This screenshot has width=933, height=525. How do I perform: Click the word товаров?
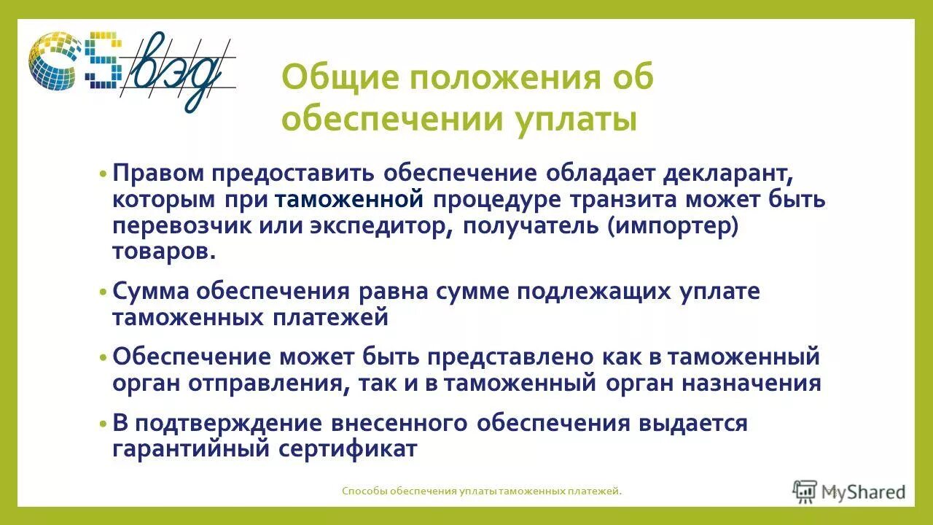(164, 251)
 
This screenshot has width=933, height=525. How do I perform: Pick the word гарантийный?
(191, 448)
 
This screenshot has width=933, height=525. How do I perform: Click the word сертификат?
(348, 448)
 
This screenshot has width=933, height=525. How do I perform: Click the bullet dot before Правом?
(104, 175)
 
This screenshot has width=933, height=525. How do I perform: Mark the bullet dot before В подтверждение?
(104, 424)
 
